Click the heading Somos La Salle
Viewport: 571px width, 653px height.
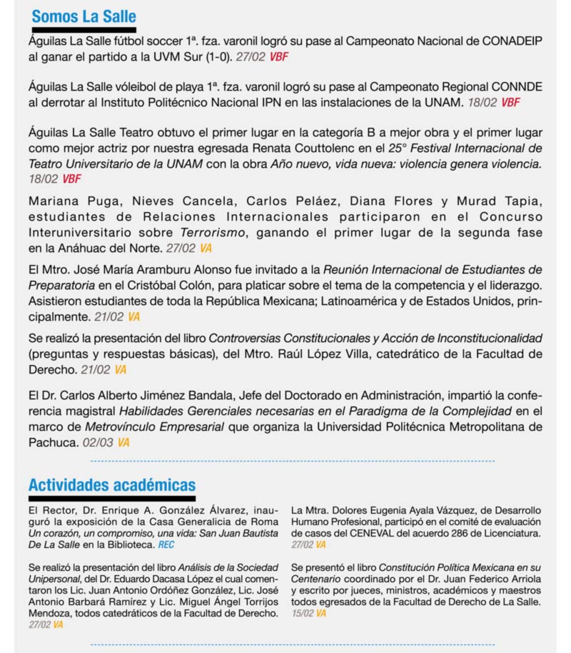tap(84, 16)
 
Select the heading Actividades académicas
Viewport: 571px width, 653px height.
tap(112, 485)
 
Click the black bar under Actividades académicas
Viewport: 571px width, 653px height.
tap(112, 498)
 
